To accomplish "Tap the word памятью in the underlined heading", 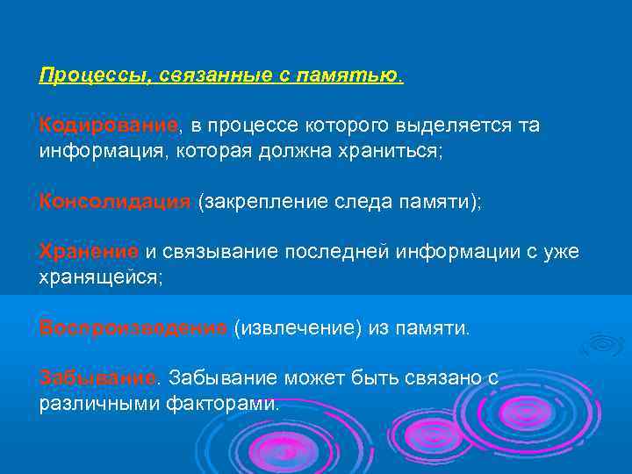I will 361,76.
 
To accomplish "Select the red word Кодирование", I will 108,126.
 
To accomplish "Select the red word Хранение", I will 89,252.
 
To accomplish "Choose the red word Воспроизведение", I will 133,327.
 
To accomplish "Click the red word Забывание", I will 97,378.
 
